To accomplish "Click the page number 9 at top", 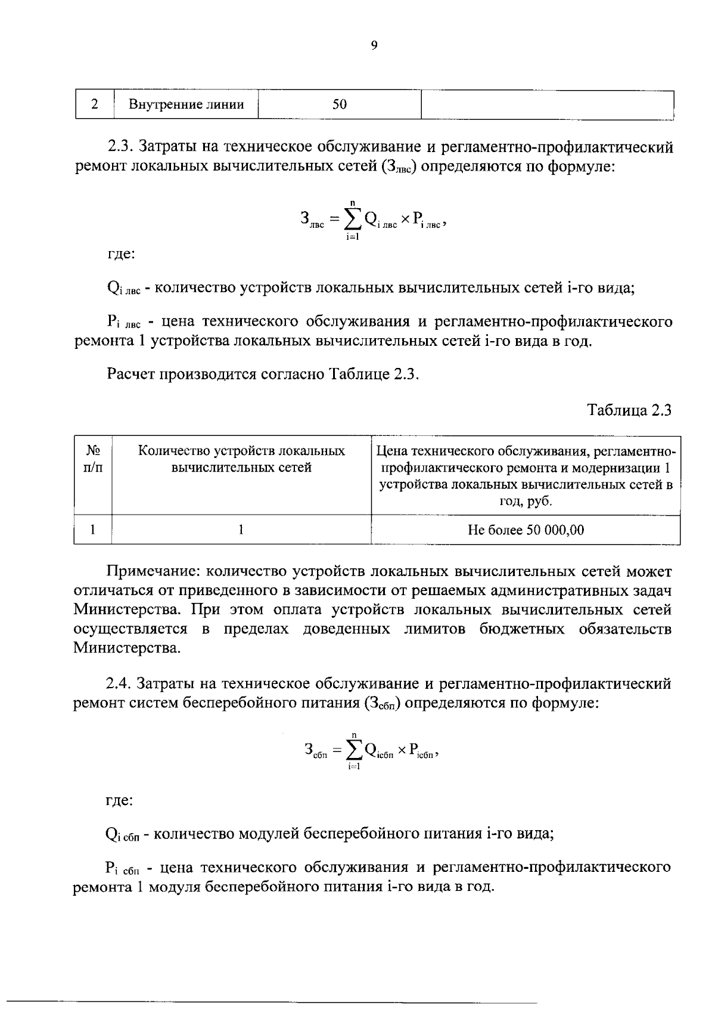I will [x=374, y=46].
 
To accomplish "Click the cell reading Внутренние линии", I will [x=186, y=105].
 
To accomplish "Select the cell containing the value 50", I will [x=340, y=105].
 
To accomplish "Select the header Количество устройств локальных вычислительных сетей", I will [x=241, y=459].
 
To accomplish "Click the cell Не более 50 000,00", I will [x=526, y=530].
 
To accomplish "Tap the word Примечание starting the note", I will [x=152, y=571].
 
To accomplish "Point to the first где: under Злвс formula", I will [x=120, y=255].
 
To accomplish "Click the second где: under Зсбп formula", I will [x=119, y=800].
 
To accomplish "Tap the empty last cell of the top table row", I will [x=547, y=105].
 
